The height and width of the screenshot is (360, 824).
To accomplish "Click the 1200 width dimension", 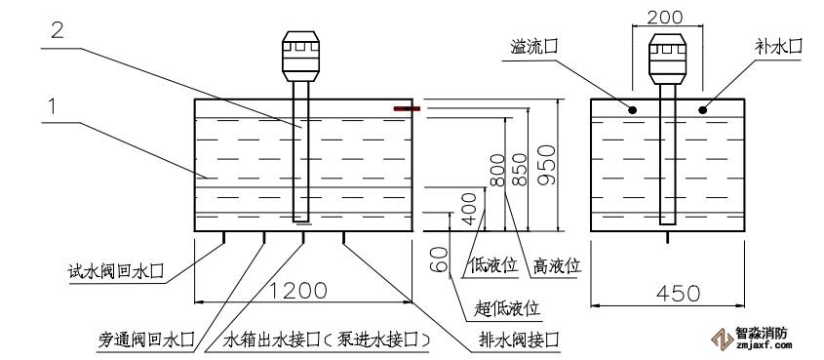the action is pos(299,291).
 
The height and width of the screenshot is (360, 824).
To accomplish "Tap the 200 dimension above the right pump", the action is pos(665,17).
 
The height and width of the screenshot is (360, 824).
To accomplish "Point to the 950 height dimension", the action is pos(546,165).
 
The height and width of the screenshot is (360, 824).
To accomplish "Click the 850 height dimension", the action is pos(519,169).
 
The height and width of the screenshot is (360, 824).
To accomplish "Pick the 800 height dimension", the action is pos(497,171).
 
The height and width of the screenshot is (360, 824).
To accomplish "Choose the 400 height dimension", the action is pos(469,209).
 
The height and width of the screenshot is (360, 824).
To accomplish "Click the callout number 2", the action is pos(58,30).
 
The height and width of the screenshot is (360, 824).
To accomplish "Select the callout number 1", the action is pos(52,106).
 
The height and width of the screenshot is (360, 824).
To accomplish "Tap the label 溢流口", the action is pos(534,47).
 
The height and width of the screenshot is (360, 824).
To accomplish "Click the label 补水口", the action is pos(779,46).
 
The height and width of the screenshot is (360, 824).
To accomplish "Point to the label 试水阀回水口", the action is pos(116,272).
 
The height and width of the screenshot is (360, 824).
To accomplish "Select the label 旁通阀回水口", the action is pos(146,340).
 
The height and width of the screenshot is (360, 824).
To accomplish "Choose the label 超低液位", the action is pos(507,308).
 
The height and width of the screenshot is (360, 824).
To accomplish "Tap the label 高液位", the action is pos(557,265).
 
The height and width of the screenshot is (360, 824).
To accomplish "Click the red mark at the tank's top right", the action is pos(407,109).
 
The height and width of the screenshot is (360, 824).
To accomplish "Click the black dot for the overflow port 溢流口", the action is pos(633,110).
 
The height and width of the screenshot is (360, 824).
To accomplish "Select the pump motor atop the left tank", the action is pos(300,57).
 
